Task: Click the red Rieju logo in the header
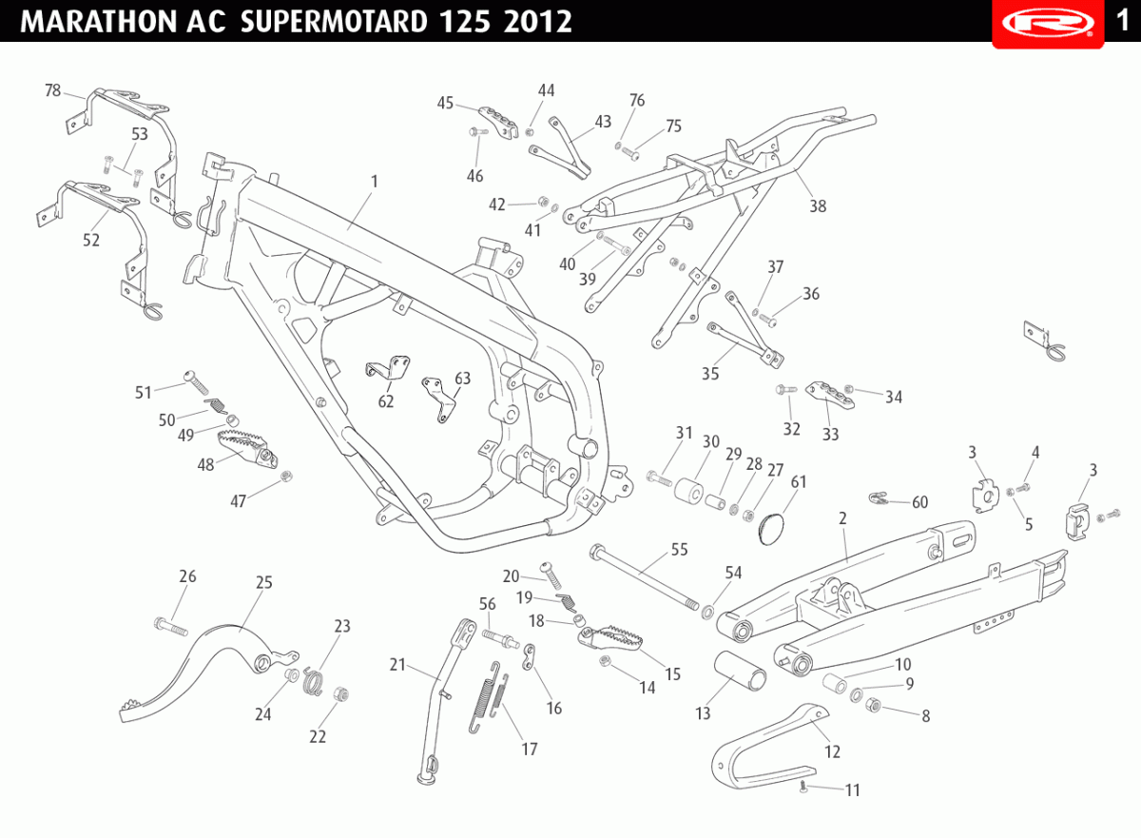(1048, 24)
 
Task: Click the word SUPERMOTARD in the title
(334, 22)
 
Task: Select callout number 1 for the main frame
(375, 182)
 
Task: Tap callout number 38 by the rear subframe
(818, 205)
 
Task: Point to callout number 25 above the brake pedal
(264, 582)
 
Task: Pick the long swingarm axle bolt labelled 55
(644, 576)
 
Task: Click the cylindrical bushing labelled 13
(740, 671)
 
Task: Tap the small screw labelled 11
(803, 787)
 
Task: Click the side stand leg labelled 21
(443, 703)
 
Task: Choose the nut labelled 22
(340, 693)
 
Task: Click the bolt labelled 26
(170, 627)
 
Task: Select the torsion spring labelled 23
(313, 681)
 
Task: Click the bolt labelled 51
(197, 382)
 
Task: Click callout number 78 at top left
(52, 90)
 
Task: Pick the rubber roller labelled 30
(688, 490)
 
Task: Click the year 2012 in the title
(538, 22)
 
